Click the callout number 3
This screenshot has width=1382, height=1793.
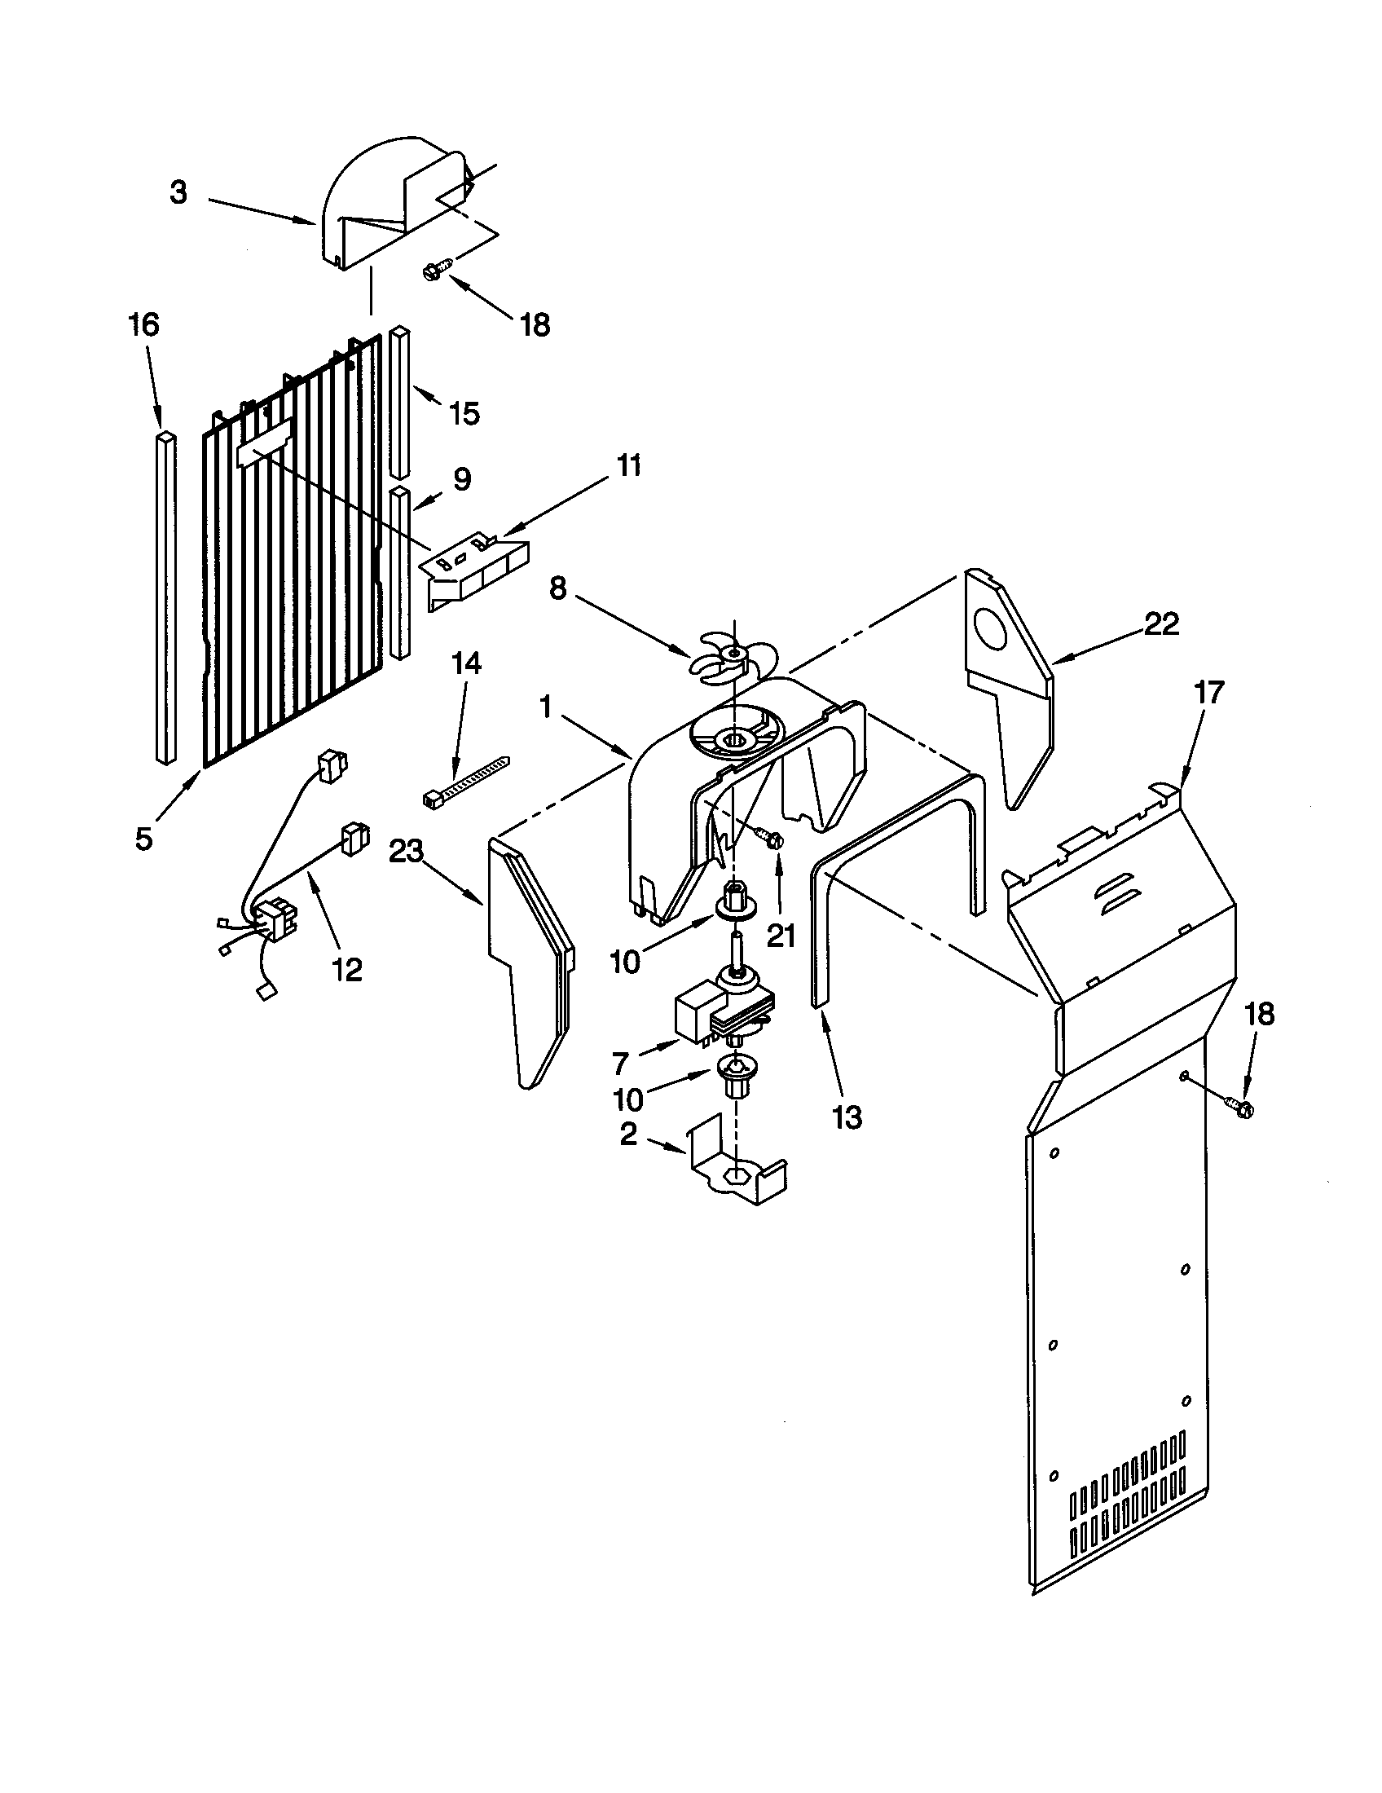(x=179, y=193)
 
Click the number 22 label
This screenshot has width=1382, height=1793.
(x=1161, y=625)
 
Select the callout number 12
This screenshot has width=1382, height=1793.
(x=347, y=971)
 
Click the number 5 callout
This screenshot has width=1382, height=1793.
(x=144, y=839)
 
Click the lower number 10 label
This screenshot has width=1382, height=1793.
(x=625, y=1099)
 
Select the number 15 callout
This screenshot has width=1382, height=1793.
(x=464, y=414)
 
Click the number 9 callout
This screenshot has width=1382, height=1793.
(x=462, y=479)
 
